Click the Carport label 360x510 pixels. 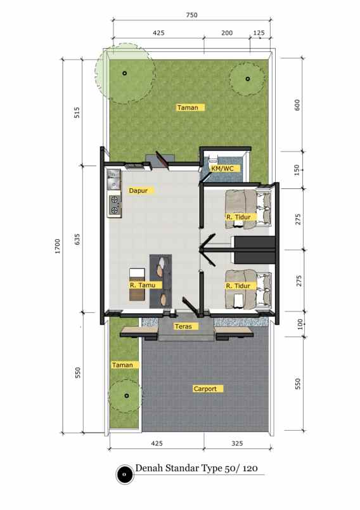point(205,388)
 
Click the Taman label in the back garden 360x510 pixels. point(188,107)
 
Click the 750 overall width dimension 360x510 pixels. point(192,15)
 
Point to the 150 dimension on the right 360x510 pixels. point(297,169)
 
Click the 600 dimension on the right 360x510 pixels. point(297,105)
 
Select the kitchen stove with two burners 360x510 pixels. point(115,205)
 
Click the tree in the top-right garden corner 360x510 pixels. point(248,79)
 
